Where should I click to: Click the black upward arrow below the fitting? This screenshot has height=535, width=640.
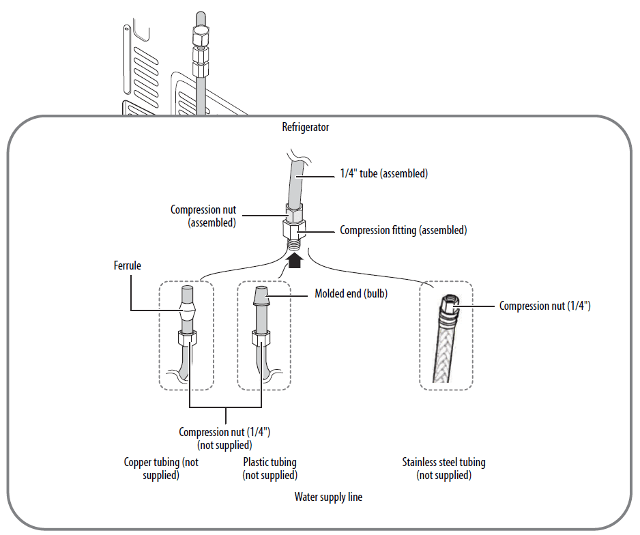click(x=295, y=260)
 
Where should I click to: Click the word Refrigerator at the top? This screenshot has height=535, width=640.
click(x=306, y=127)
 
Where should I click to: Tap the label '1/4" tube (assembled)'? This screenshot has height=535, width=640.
click(x=383, y=173)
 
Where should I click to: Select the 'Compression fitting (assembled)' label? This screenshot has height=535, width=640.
click(x=403, y=231)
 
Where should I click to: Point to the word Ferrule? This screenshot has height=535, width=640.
click(x=128, y=265)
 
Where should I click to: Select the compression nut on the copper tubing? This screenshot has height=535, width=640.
click(x=187, y=337)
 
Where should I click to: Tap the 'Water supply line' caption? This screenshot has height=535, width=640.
click(x=328, y=497)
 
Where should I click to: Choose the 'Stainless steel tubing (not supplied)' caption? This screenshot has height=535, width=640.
click(x=444, y=468)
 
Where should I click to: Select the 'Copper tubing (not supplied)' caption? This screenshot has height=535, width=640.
click(x=161, y=468)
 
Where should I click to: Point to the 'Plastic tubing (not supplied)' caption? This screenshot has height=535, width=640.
click(x=270, y=468)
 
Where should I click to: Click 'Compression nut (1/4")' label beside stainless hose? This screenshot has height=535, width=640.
click(x=544, y=306)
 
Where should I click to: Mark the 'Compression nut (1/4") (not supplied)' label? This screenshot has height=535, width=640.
click(x=225, y=438)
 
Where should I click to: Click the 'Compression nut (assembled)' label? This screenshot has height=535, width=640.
click(x=203, y=216)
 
